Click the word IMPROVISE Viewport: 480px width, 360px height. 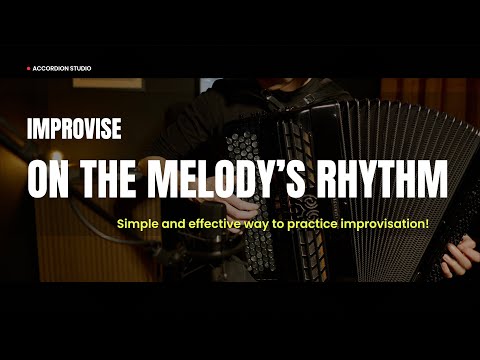[75, 129]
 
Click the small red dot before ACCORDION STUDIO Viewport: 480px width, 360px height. [29, 68]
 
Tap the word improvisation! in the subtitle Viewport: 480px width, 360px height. [385, 222]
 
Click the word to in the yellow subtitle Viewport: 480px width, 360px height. [283, 222]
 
